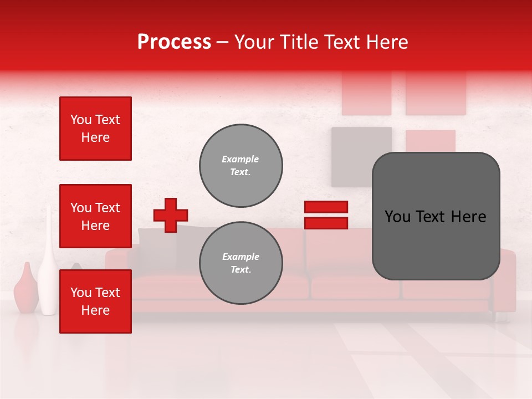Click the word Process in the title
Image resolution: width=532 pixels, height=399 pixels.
[174, 42]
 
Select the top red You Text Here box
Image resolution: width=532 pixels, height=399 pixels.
[95, 129]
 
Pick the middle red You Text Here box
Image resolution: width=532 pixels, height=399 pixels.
[95, 216]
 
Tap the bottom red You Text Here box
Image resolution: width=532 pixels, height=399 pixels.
[95, 301]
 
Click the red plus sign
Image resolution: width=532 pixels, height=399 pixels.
[171, 215]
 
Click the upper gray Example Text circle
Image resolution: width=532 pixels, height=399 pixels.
[241, 166]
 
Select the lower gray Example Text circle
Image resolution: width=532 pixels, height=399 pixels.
[241, 263]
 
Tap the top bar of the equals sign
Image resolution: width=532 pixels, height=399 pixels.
[326, 207]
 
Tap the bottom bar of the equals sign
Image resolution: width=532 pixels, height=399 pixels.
[326, 223]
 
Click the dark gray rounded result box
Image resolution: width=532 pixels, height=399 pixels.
[436, 216]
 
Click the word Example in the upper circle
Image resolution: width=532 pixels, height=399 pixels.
[241, 160]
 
